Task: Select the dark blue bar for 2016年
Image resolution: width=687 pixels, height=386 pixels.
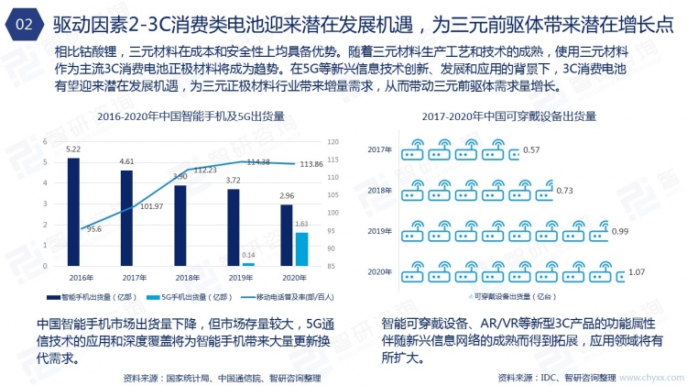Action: tap(73, 211)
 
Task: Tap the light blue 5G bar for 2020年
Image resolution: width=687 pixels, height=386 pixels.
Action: tap(301, 248)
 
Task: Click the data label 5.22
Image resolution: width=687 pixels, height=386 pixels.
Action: tap(73, 149)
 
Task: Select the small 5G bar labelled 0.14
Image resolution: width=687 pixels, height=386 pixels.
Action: tap(248, 264)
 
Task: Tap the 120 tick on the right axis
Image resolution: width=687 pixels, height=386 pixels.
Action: tap(333, 142)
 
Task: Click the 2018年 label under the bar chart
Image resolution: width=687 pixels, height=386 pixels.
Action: tap(187, 276)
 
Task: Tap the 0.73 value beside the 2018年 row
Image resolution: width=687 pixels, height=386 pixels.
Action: tap(564, 191)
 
